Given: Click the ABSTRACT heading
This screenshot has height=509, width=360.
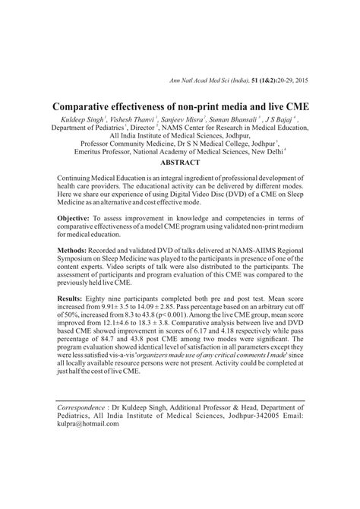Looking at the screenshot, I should [x=179, y=163].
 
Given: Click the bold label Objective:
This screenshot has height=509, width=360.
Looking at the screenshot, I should [x=77, y=217].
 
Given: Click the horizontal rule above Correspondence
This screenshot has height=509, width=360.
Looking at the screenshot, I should [x=179, y=397].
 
